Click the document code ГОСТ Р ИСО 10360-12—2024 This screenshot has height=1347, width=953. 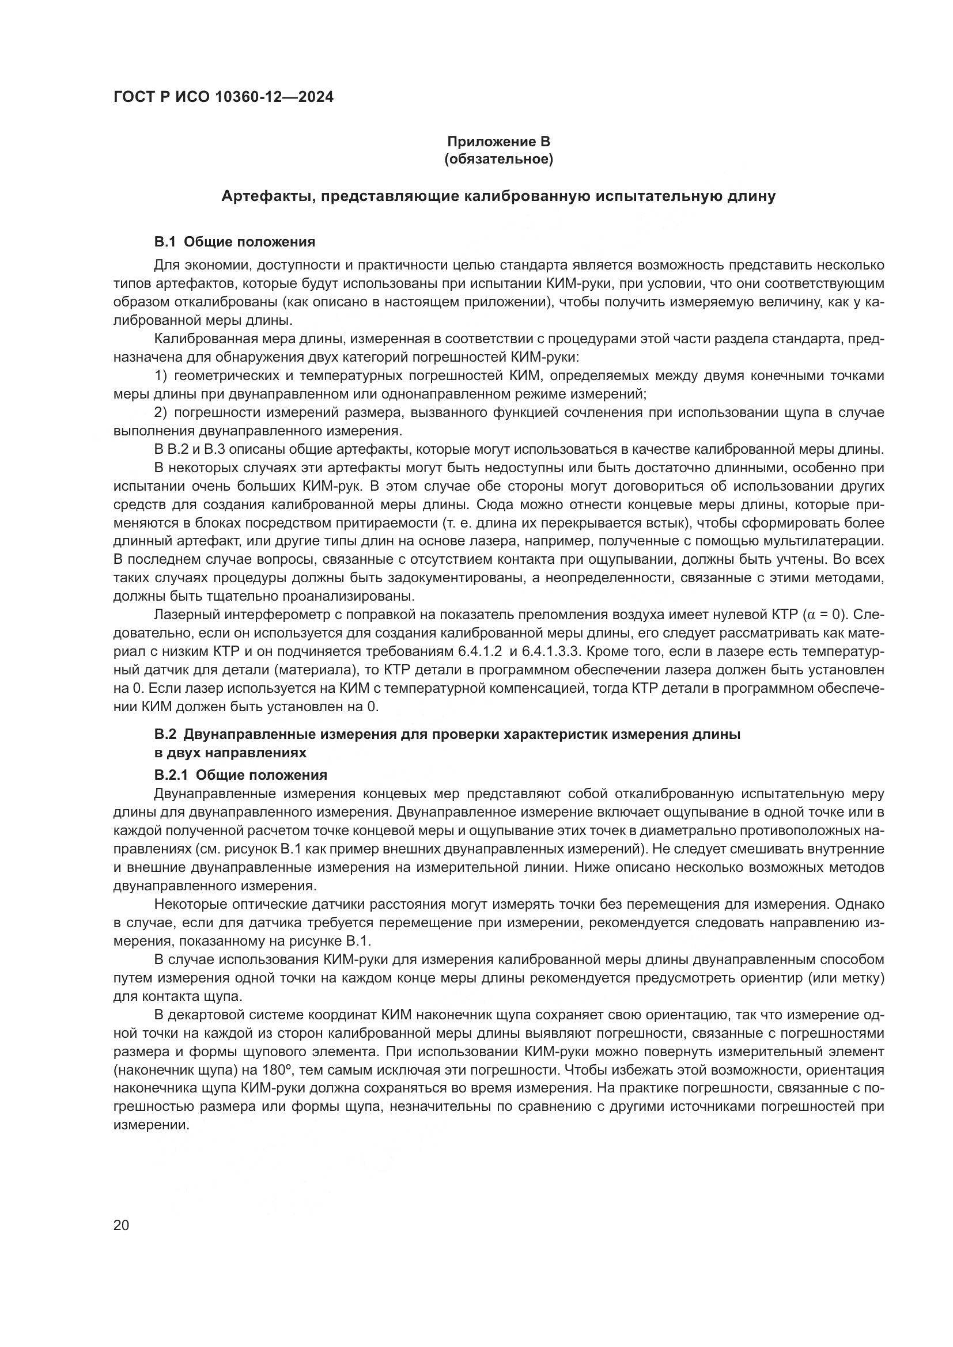coord(223,97)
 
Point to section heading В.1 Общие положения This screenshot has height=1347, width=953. coord(235,242)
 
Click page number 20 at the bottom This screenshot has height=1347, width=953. coord(121,1225)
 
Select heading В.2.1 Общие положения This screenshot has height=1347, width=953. coord(241,775)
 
